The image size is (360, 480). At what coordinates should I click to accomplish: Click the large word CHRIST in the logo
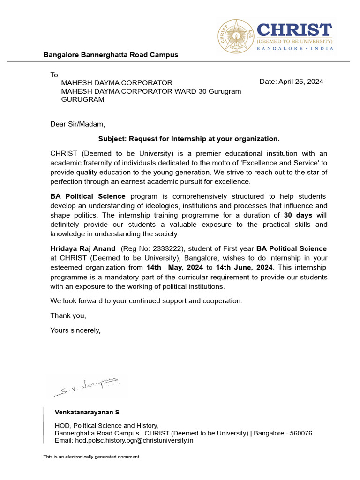(294, 30)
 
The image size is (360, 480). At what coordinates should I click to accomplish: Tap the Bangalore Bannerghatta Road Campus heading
(111, 55)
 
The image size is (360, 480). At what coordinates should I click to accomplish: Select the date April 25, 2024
(291, 82)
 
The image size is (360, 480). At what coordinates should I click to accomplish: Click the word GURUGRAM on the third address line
(83, 99)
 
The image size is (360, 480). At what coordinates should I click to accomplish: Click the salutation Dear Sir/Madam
(78, 124)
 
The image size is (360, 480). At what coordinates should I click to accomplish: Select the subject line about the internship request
(188, 139)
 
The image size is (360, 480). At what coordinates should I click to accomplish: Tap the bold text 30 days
(298, 215)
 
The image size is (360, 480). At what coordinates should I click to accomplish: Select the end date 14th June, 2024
(244, 267)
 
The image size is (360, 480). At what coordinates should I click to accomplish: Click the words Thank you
(68, 315)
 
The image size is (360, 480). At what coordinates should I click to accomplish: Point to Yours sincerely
(75, 330)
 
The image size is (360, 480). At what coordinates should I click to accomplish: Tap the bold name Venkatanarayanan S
(87, 412)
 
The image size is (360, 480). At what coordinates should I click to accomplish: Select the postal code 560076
(300, 433)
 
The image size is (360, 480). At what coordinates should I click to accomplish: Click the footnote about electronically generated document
(92, 457)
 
